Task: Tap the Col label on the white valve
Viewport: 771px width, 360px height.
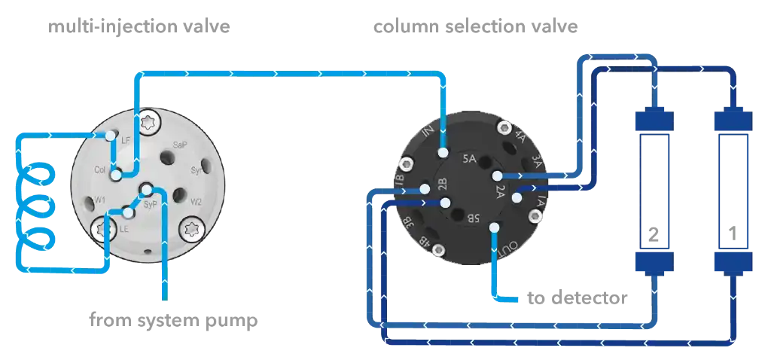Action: click(100, 170)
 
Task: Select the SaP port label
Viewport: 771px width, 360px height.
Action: click(180, 145)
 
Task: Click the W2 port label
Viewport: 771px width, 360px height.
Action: click(196, 202)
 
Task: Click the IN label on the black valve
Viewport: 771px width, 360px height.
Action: click(430, 135)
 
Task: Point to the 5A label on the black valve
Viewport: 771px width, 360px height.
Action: click(469, 159)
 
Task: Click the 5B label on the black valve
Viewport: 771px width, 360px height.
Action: click(471, 220)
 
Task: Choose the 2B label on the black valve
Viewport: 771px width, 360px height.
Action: click(443, 186)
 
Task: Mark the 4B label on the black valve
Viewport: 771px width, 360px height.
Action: click(425, 243)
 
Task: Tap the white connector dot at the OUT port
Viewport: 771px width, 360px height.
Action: click(493, 227)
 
